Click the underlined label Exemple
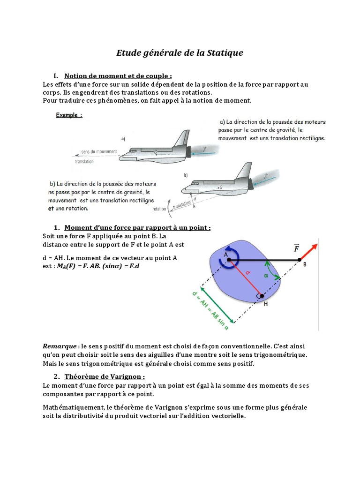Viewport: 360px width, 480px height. click(69, 115)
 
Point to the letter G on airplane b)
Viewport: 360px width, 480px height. click(220, 187)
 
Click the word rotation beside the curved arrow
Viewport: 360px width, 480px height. click(159, 209)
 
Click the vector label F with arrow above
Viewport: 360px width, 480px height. click(296, 248)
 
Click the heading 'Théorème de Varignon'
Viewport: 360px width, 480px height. click(105, 376)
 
